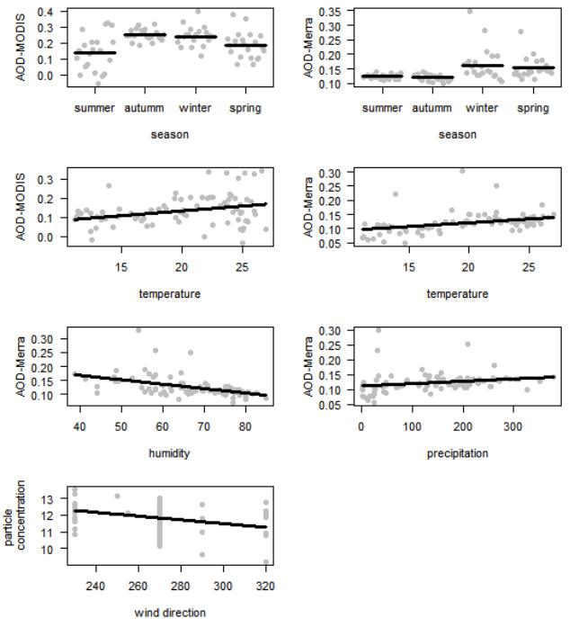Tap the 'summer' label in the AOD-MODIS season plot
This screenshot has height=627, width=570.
click(94, 108)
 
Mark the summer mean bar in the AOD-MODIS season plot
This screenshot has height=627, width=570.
click(94, 53)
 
